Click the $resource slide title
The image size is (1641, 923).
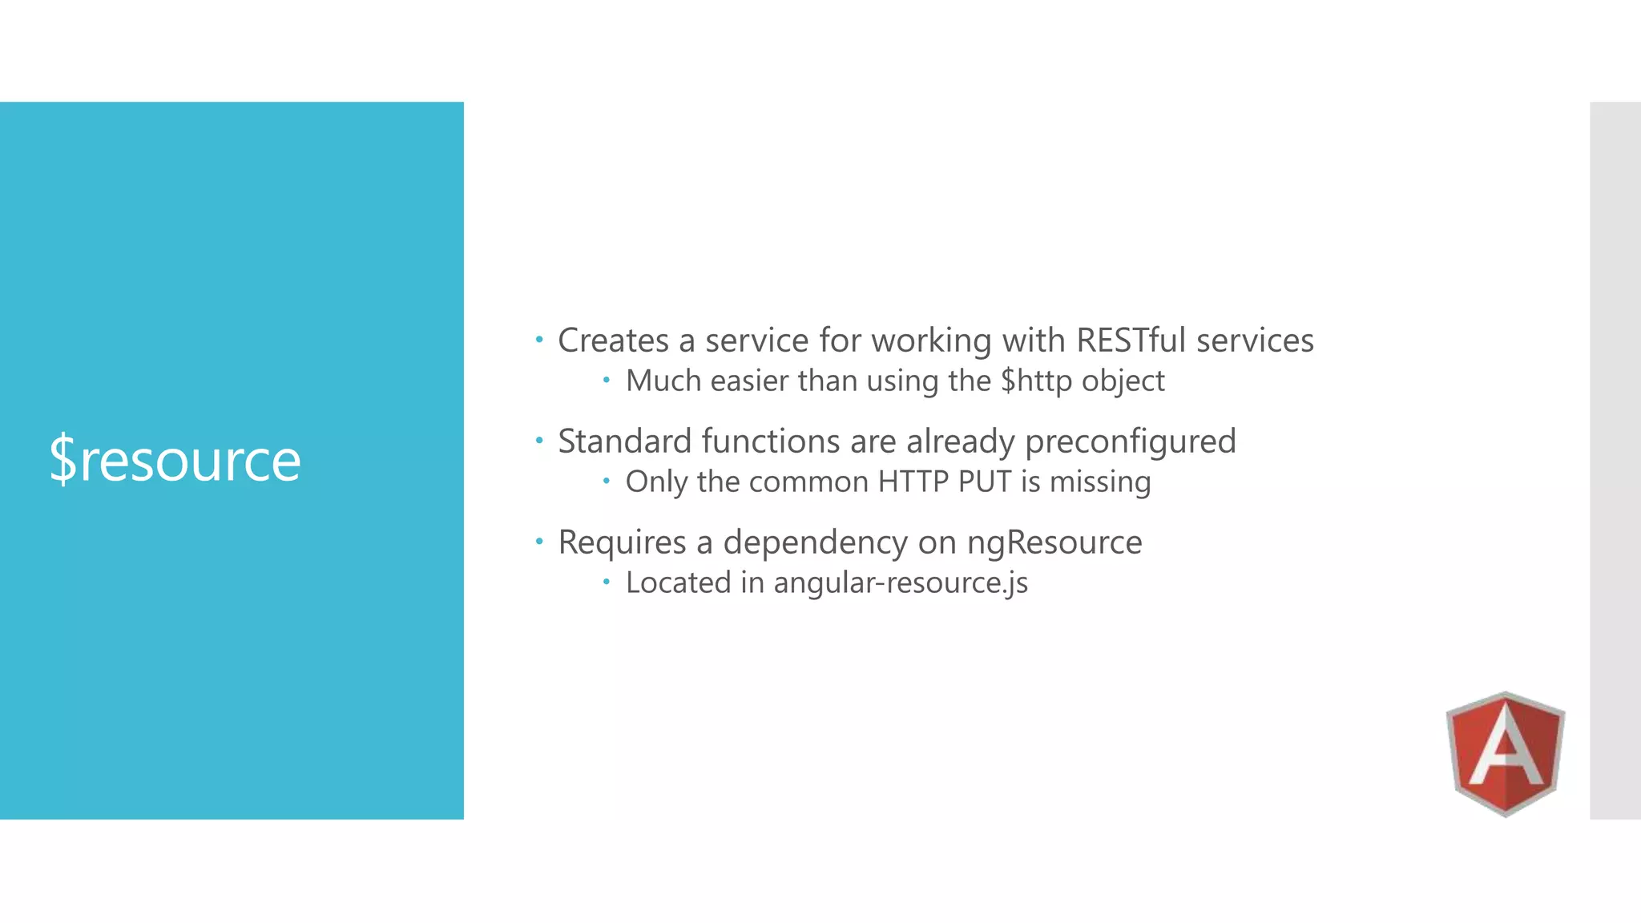[x=175, y=460]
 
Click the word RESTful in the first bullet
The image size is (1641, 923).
[x=1131, y=341]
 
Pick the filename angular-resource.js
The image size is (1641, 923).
[x=900, y=582]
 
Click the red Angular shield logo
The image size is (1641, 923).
[x=1505, y=753]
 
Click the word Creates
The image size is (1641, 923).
[x=613, y=341]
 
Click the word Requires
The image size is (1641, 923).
[x=622, y=542]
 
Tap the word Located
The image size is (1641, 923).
[x=678, y=582]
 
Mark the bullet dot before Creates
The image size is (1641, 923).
[x=539, y=340]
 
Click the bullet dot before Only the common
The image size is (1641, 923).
[x=607, y=481]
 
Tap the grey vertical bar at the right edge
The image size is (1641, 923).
[x=1615, y=460]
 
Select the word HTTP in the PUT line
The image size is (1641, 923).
[x=913, y=482]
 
